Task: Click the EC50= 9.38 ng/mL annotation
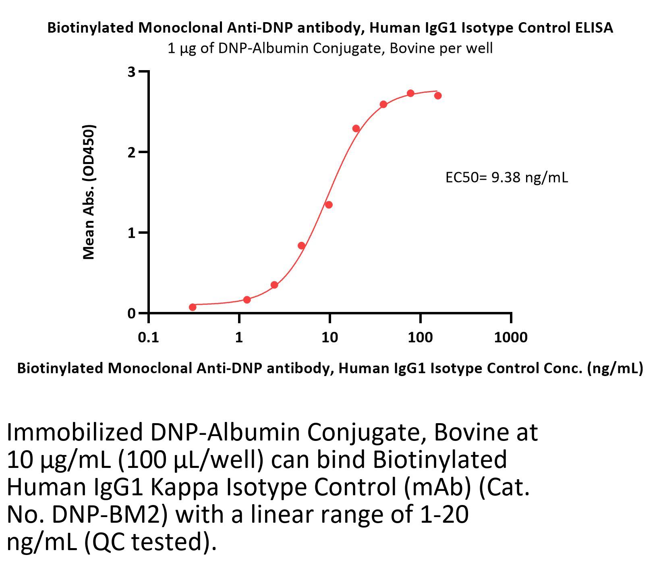[506, 177]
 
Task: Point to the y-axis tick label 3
[131, 72]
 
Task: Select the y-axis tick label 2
[131, 152]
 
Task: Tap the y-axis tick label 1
[131, 233]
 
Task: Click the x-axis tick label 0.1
[148, 337]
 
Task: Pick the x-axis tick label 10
[329, 337]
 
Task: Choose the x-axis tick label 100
[420, 337]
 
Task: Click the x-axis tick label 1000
[510, 337]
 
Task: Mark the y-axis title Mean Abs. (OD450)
[89, 192]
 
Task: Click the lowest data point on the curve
[193, 307]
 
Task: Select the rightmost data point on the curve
[438, 96]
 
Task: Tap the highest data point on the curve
[410, 93]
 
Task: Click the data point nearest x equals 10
[329, 205]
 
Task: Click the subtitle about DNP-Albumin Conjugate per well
[330, 48]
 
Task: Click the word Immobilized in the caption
[75, 432]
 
